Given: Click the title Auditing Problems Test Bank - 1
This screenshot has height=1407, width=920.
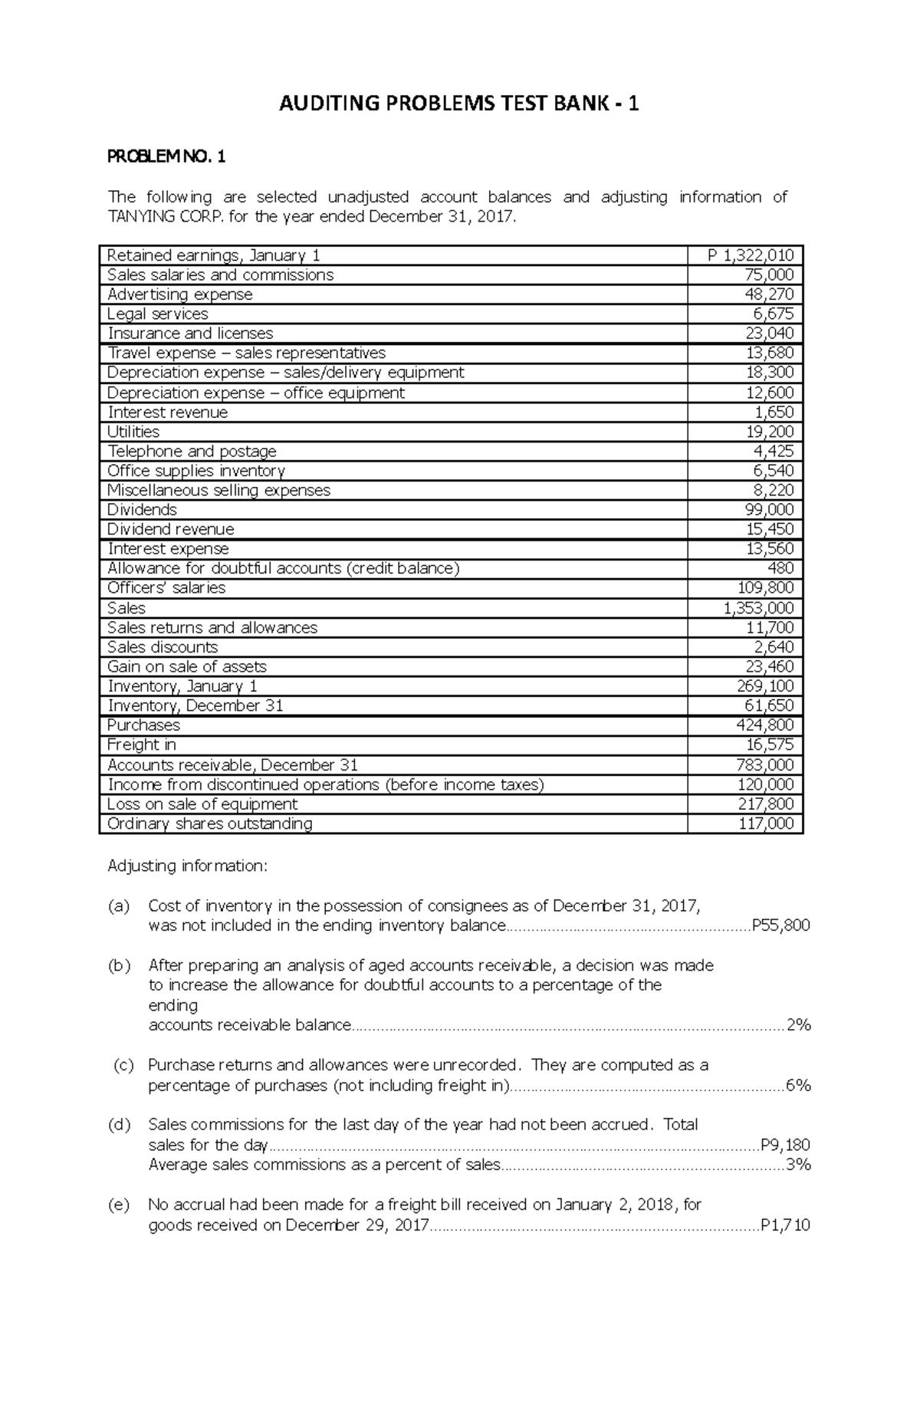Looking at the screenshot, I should click(458, 104).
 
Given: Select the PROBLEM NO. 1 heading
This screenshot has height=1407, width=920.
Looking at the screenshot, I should click(166, 158).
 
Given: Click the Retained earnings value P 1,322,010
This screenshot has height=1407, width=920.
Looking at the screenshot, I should click(751, 255).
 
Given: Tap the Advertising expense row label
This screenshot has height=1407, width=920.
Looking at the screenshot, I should click(179, 294).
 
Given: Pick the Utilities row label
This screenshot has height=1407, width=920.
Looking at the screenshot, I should click(133, 432).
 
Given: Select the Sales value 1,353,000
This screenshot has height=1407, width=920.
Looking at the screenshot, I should click(758, 608).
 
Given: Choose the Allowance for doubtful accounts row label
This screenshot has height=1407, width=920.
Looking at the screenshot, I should click(283, 568).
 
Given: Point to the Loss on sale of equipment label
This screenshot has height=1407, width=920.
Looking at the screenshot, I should click(202, 804).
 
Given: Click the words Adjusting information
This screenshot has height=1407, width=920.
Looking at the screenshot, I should click(187, 866).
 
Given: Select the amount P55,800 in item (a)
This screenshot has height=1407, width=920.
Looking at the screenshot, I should click(780, 925).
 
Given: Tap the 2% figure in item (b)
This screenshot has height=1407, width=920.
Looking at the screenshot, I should click(798, 1025).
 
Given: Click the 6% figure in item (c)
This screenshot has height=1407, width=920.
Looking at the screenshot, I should click(798, 1086).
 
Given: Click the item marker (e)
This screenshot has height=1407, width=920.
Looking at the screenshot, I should click(119, 1205).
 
